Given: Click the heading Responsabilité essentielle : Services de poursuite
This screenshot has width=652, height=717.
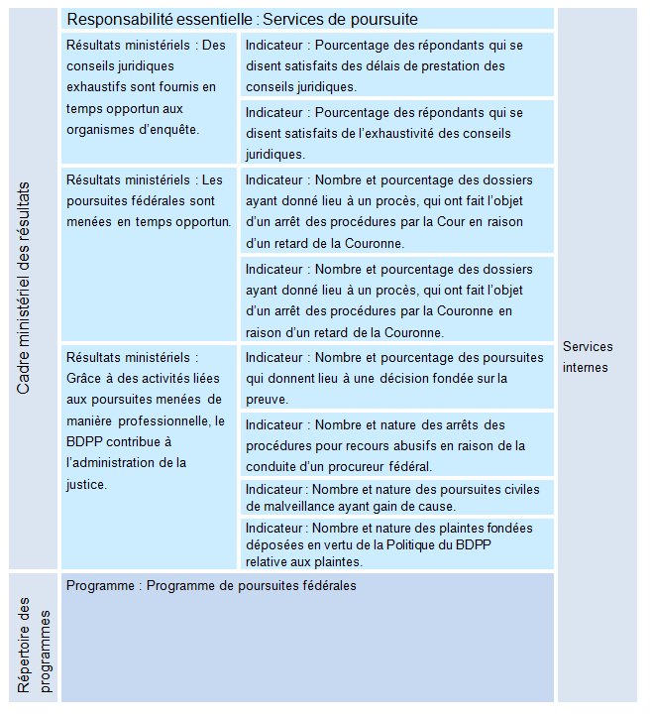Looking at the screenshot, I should coord(242,20).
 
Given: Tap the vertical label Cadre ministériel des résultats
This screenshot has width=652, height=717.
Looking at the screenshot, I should coord(25,289).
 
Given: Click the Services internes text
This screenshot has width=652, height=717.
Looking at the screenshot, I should coord(588,357).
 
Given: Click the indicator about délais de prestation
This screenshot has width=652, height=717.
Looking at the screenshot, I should coord(396,65).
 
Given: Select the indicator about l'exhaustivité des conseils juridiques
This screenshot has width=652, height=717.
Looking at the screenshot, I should coord(396,133).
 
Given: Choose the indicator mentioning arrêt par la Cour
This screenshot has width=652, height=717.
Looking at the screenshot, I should coord(396,211).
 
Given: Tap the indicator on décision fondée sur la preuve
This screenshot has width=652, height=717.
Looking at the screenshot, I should coord(396,378).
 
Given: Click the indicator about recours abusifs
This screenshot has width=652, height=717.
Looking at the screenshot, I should coord(396,445).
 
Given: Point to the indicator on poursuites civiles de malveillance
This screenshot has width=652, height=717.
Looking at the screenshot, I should coord(396,498).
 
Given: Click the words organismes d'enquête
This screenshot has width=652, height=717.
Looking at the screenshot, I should coord(132,129).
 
